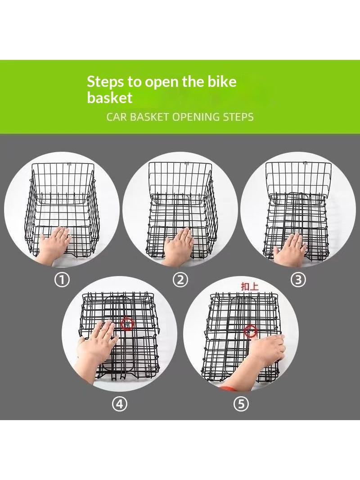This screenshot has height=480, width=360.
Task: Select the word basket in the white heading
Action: [x=109, y=98]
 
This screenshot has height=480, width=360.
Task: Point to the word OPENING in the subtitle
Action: [x=196, y=117]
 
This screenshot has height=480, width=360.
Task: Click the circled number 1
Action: [x=62, y=280]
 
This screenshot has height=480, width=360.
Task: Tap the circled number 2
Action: [x=180, y=280]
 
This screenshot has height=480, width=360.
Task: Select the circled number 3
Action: [x=298, y=280]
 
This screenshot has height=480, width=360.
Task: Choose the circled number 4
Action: [x=120, y=404]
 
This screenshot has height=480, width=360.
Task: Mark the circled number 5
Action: [x=241, y=404]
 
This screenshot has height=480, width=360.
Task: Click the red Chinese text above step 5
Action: [x=250, y=286]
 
